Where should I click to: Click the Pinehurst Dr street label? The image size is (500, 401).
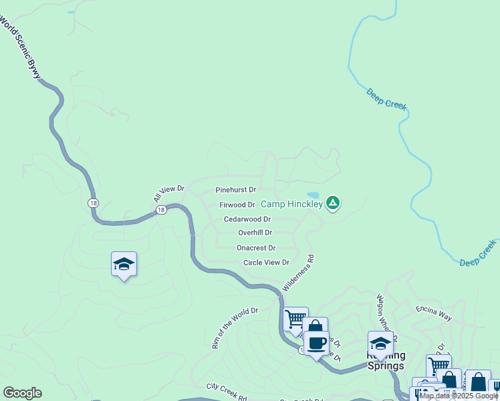tap(236, 190)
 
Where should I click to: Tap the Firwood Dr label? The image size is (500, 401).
tap(237, 205)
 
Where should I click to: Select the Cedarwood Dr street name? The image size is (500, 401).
tap(247, 219)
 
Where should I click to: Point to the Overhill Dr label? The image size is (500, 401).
tap(255, 233)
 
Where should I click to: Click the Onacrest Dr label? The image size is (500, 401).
tap(256, 248)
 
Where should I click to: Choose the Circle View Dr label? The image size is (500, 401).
tap(266, 263)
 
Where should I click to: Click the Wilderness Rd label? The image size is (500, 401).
tap(297, 272)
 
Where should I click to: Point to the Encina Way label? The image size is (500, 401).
tap(434, 310)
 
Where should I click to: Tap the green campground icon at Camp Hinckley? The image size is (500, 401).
tap(333, 203)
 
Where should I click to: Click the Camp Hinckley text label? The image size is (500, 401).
tap(291, 204)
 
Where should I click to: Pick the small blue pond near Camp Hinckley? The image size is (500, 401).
tap(312, 195)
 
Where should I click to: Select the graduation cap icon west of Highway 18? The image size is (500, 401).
tap(124, 264)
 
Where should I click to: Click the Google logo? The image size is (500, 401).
tap(22, 393)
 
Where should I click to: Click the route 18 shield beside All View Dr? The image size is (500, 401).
tap(160, 210)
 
